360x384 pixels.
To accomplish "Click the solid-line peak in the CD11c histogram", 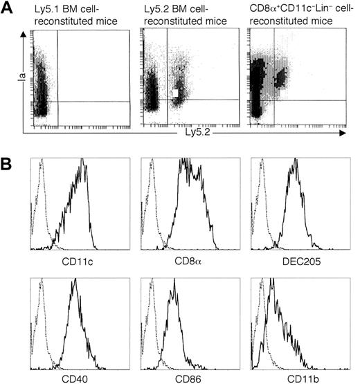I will pyautogui.click(x=82, y=161).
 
